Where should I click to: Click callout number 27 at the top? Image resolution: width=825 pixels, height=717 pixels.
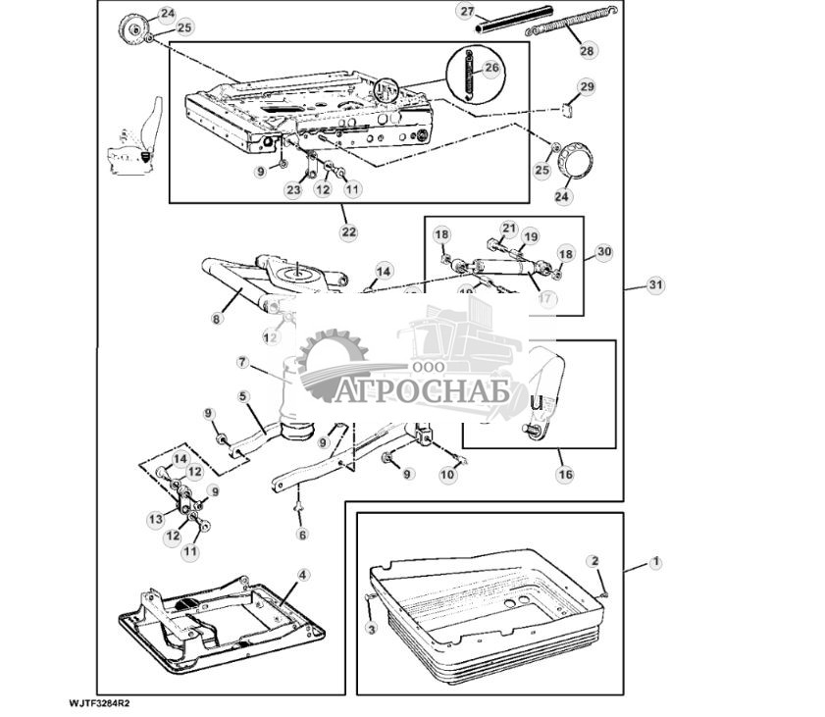[x=467, y=11]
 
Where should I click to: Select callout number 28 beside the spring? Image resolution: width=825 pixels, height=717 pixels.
[x=587, y=49]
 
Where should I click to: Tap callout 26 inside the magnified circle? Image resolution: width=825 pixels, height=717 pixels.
[x=491, y=69]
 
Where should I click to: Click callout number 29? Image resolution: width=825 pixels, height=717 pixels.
[x=586, y=87]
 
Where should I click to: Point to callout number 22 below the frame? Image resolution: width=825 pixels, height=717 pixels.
[x=348, y=231]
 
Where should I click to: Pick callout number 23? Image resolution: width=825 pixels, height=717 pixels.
[x=293, y=190]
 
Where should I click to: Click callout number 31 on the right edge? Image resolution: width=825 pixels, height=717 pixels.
[x=655, y=285]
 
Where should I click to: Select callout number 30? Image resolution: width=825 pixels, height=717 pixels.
[x=603, y=252]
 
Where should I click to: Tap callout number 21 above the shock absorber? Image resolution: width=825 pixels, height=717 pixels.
[x=508, y=229]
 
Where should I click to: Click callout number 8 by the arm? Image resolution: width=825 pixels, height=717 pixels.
[x=216, y=318]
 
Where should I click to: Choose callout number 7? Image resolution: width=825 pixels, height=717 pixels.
[x=242, y=362]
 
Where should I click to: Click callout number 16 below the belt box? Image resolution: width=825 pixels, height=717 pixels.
[x=565, y=474]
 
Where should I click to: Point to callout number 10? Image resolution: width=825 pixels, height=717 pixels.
[x=447, y=474]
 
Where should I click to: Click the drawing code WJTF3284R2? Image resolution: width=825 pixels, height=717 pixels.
[x=99, y=703]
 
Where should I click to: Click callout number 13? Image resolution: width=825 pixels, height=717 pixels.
[x=155, y=519]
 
